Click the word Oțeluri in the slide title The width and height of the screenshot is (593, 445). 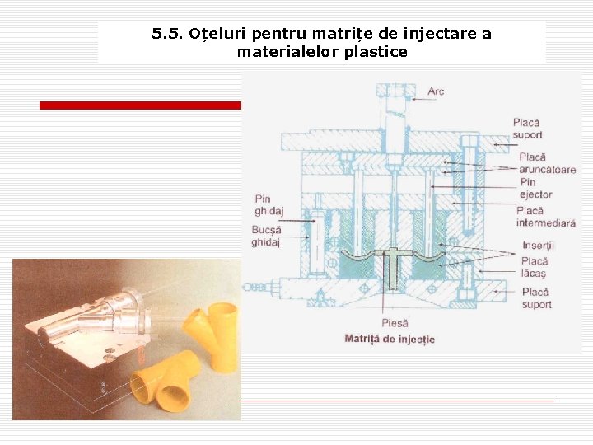click(217, 34)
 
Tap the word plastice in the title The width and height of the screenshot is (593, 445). click(376, 52)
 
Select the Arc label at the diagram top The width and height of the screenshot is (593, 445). click(436, 91)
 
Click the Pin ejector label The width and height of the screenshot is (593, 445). click(536, 189)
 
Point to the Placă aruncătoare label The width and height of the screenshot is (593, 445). click(547, 163)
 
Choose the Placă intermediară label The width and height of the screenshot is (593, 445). click(546, 217)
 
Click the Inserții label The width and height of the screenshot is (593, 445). click(538, 246)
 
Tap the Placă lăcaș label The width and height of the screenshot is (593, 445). click(535, 267)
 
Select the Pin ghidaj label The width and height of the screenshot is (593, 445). click(268, 204)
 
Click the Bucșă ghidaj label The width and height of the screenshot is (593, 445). click(267, 236)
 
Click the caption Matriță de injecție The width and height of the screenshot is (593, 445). click(390, 339)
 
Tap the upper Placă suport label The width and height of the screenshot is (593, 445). click(528, 129)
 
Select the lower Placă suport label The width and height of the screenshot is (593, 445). click(536, 298)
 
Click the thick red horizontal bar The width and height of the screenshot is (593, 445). click(140, 105)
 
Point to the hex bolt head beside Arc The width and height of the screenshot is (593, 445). click(396, 91)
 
